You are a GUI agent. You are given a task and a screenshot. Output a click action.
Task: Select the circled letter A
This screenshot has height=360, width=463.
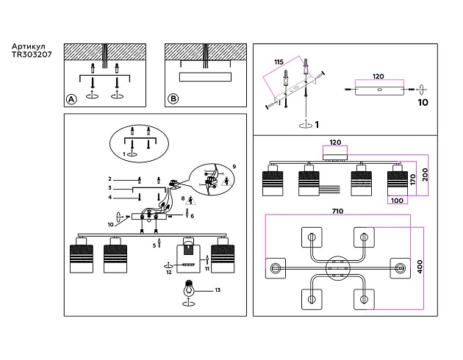pos(71,99)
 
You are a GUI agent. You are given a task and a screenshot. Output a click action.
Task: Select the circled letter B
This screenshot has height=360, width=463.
pos(173,99)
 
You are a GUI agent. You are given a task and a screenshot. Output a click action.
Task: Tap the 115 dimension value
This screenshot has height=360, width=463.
pos(279,62)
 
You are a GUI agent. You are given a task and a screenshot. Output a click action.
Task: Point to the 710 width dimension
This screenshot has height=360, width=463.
pos(337,212)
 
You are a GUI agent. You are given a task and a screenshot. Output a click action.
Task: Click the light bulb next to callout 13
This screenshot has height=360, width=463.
pos(190,289)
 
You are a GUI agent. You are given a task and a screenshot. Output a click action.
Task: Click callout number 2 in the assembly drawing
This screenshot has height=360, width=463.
pos(110,179)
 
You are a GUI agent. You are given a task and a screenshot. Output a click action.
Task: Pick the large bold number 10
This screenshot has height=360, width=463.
pos(423,103)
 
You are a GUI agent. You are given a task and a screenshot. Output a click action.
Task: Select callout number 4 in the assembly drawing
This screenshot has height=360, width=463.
pos(110,197)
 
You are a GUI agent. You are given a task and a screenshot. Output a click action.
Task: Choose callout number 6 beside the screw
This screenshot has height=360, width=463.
pos(192,215)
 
